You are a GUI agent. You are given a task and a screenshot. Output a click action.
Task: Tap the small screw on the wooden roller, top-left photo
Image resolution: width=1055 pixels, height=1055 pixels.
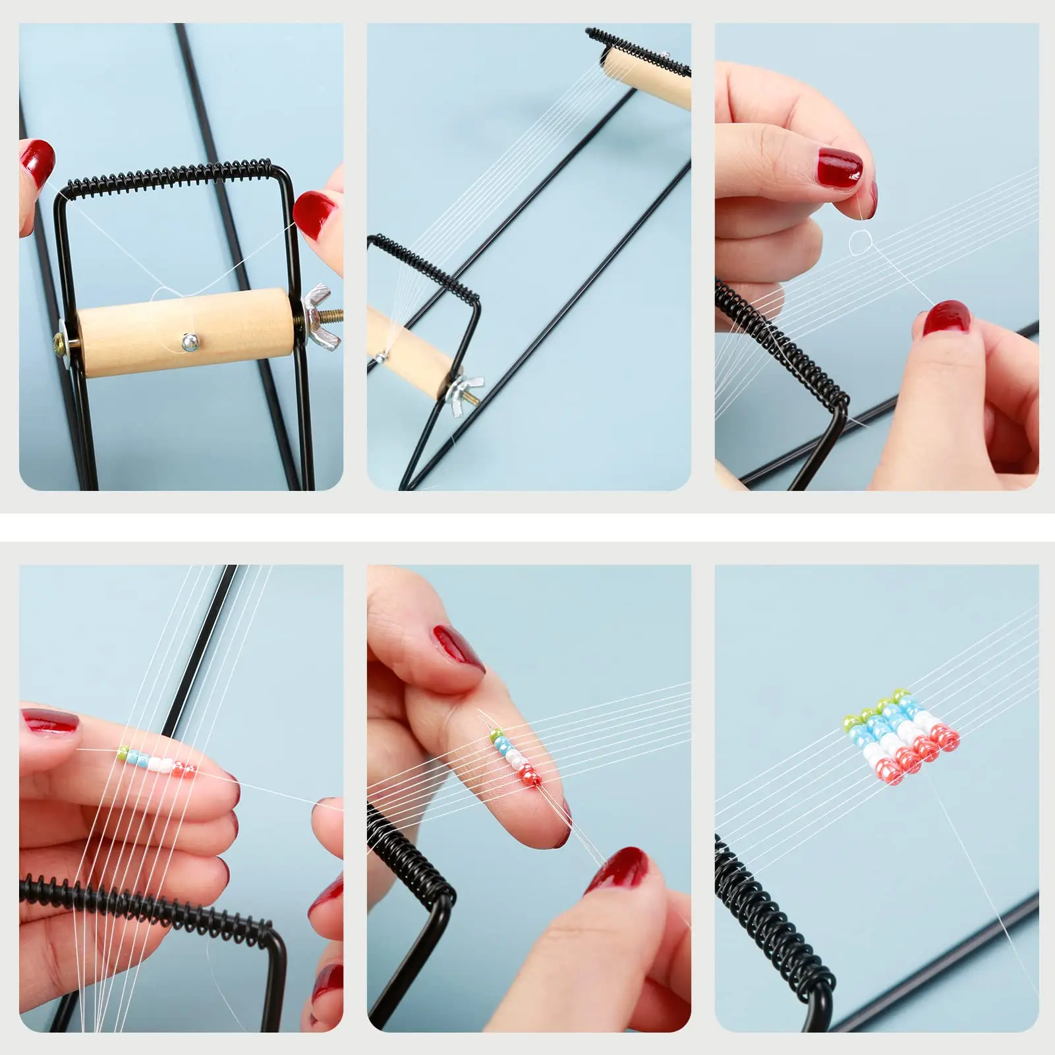(189, 341)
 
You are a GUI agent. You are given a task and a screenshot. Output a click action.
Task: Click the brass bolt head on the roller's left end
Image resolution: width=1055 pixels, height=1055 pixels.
(61, 342)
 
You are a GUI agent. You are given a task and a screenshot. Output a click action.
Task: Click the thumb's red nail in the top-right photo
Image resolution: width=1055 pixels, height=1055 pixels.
(946, 319)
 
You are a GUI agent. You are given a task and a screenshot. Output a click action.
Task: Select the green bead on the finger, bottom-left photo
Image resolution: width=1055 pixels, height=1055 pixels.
(122, 751)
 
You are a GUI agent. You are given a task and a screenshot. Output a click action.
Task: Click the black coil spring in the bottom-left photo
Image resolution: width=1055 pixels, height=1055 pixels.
(145, 904)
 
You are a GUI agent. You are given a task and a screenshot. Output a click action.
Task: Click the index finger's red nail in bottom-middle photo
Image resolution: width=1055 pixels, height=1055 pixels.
(459, 648)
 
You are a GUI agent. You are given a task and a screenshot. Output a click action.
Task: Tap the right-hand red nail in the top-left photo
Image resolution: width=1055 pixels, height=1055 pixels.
(315, 214)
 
